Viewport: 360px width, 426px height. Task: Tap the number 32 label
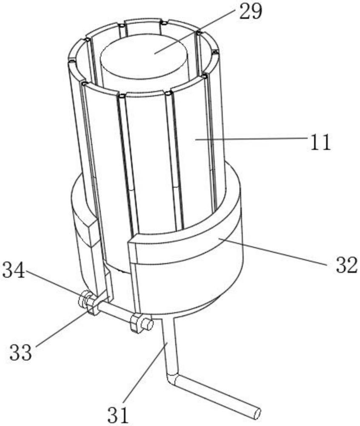coord(343,265)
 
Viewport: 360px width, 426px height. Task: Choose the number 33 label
coord(21,352)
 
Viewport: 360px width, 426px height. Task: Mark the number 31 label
coord(117,414)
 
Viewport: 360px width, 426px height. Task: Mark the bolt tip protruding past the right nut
coord(148,325)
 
